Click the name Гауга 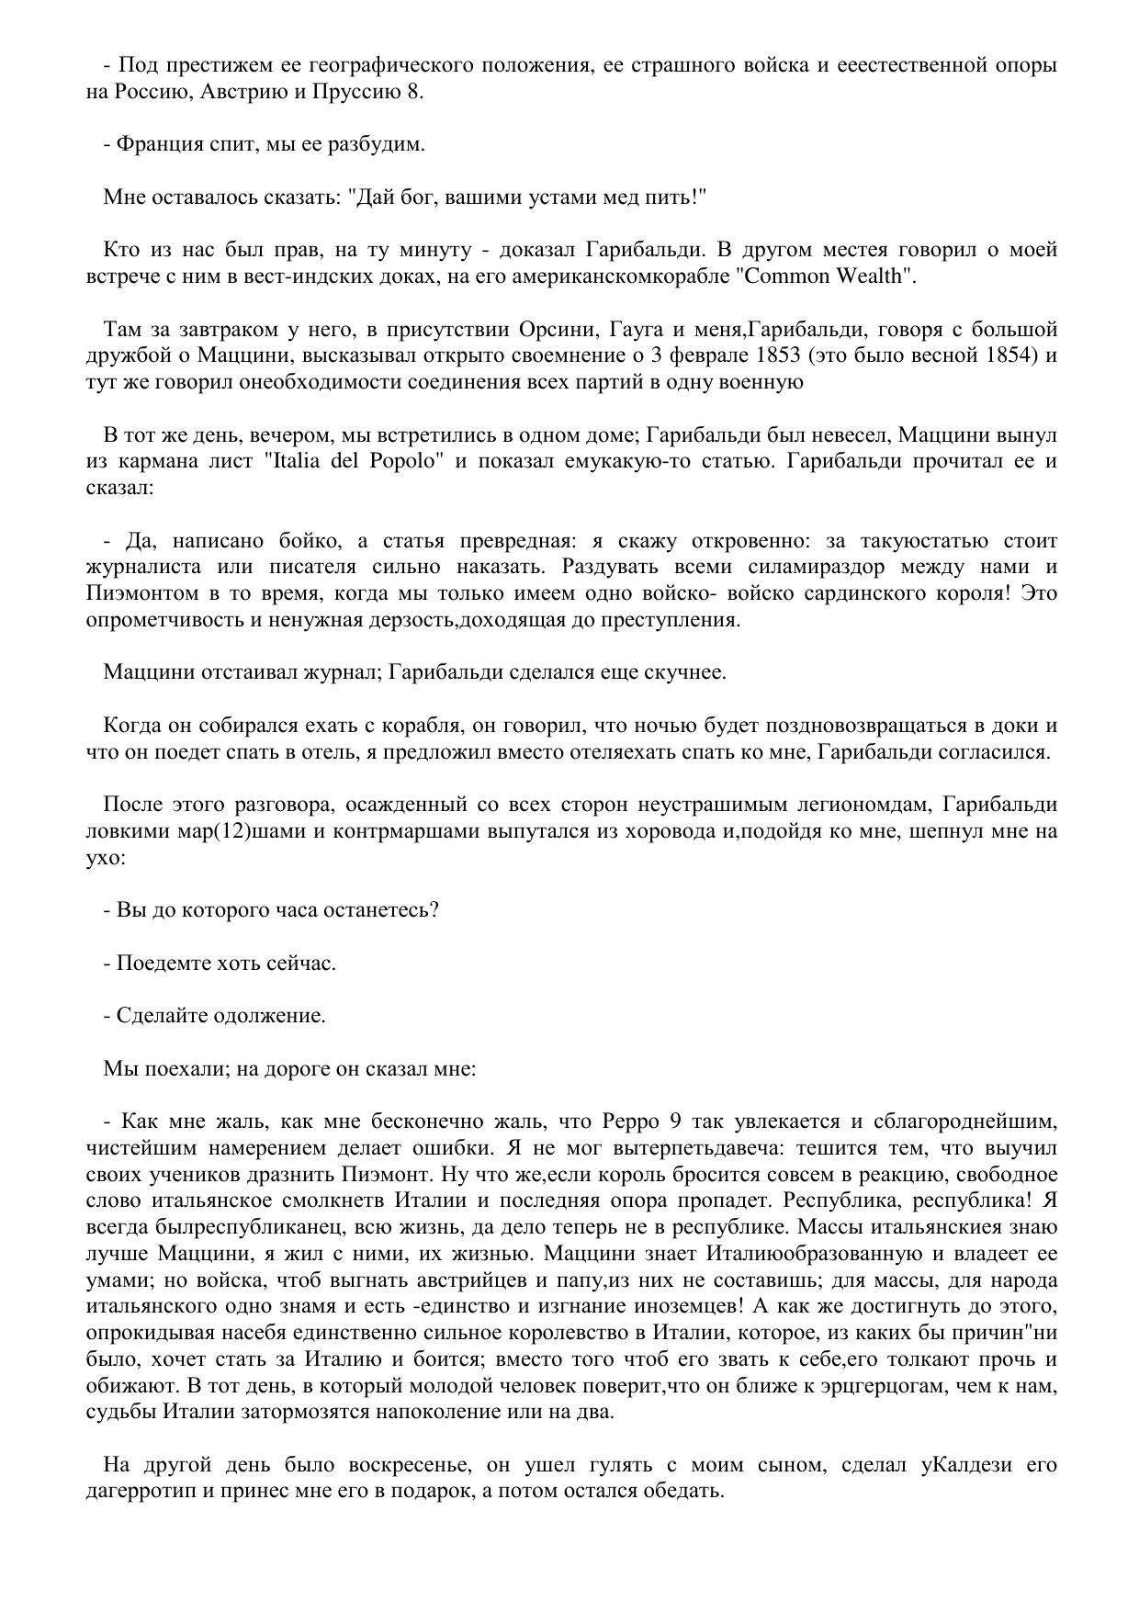click(649, 329)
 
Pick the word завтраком click(221, 329)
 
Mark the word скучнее click(684, 672)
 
